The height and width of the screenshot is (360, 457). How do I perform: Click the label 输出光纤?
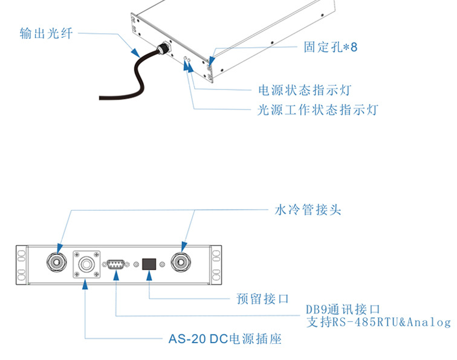pos(46,33)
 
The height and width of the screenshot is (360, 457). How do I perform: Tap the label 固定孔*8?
pos(330,47)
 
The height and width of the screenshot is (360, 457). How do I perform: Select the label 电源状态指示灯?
pos(304,91)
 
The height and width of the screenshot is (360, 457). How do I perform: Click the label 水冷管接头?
pos(308,210)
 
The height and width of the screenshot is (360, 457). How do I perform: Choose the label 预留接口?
pos(262,298)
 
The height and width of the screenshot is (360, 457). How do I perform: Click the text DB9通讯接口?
pos(343,310)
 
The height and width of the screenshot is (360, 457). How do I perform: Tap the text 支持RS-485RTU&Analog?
pos(378,323)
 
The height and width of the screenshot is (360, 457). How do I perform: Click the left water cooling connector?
pos(58,262)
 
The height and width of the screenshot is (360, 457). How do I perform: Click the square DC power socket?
pos(85,263)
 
